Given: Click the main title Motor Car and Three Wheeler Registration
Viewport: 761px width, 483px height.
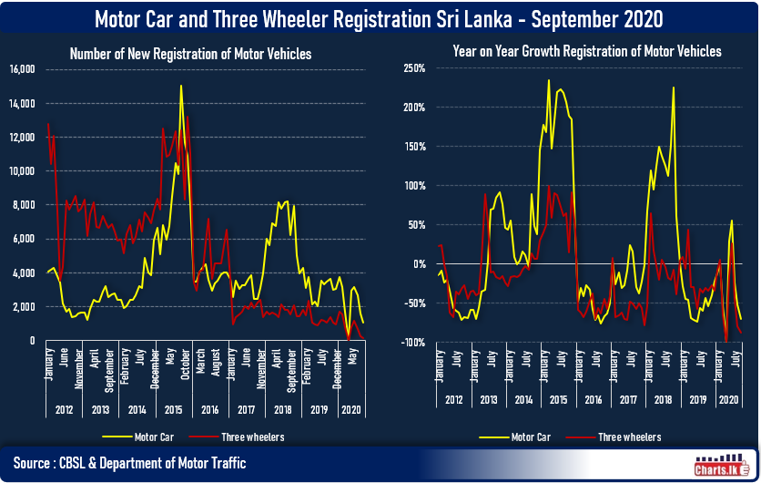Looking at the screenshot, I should pos(380,18).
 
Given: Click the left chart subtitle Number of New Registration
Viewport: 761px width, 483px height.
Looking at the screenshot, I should pos(190,55).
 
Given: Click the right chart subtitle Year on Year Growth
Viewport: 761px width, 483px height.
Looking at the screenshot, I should pos(587,52).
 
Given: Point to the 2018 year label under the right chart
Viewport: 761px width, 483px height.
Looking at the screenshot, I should pos(660,400).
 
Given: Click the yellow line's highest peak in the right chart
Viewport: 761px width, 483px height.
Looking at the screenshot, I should pos(548,80).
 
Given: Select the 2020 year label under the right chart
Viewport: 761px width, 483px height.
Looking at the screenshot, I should pos(729,400).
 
